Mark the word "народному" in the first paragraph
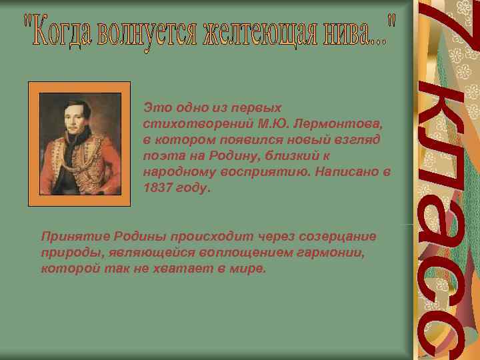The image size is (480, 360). pyautogui.click(x=175, y=173)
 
